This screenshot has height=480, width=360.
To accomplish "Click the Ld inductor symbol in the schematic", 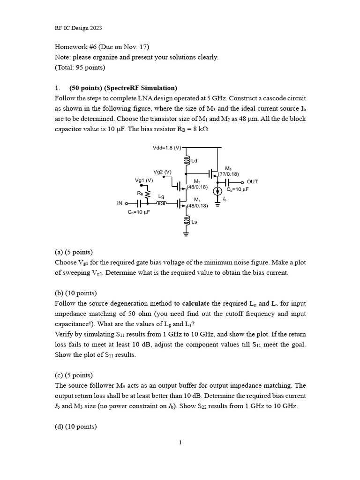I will click(x=187, y=161).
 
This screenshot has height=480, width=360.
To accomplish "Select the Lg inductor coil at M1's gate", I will click(x=161, y=204).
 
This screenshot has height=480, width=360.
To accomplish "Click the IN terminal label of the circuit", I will click(x=120, y=204).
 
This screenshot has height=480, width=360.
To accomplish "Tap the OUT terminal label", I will click(x=252, y=182).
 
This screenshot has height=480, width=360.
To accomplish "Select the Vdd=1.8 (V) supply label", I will click(x=167, y=148).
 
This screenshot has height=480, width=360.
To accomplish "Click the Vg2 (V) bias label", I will click(x=162, y=172).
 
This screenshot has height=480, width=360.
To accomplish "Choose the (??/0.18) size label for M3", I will click(x=228, y=174).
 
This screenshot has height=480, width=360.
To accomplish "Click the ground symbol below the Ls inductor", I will click(x=187, y=233).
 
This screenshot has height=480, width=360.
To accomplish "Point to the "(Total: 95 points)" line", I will click(x=80, y=67).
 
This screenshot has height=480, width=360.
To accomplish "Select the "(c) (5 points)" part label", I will click(x=74, y=375).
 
